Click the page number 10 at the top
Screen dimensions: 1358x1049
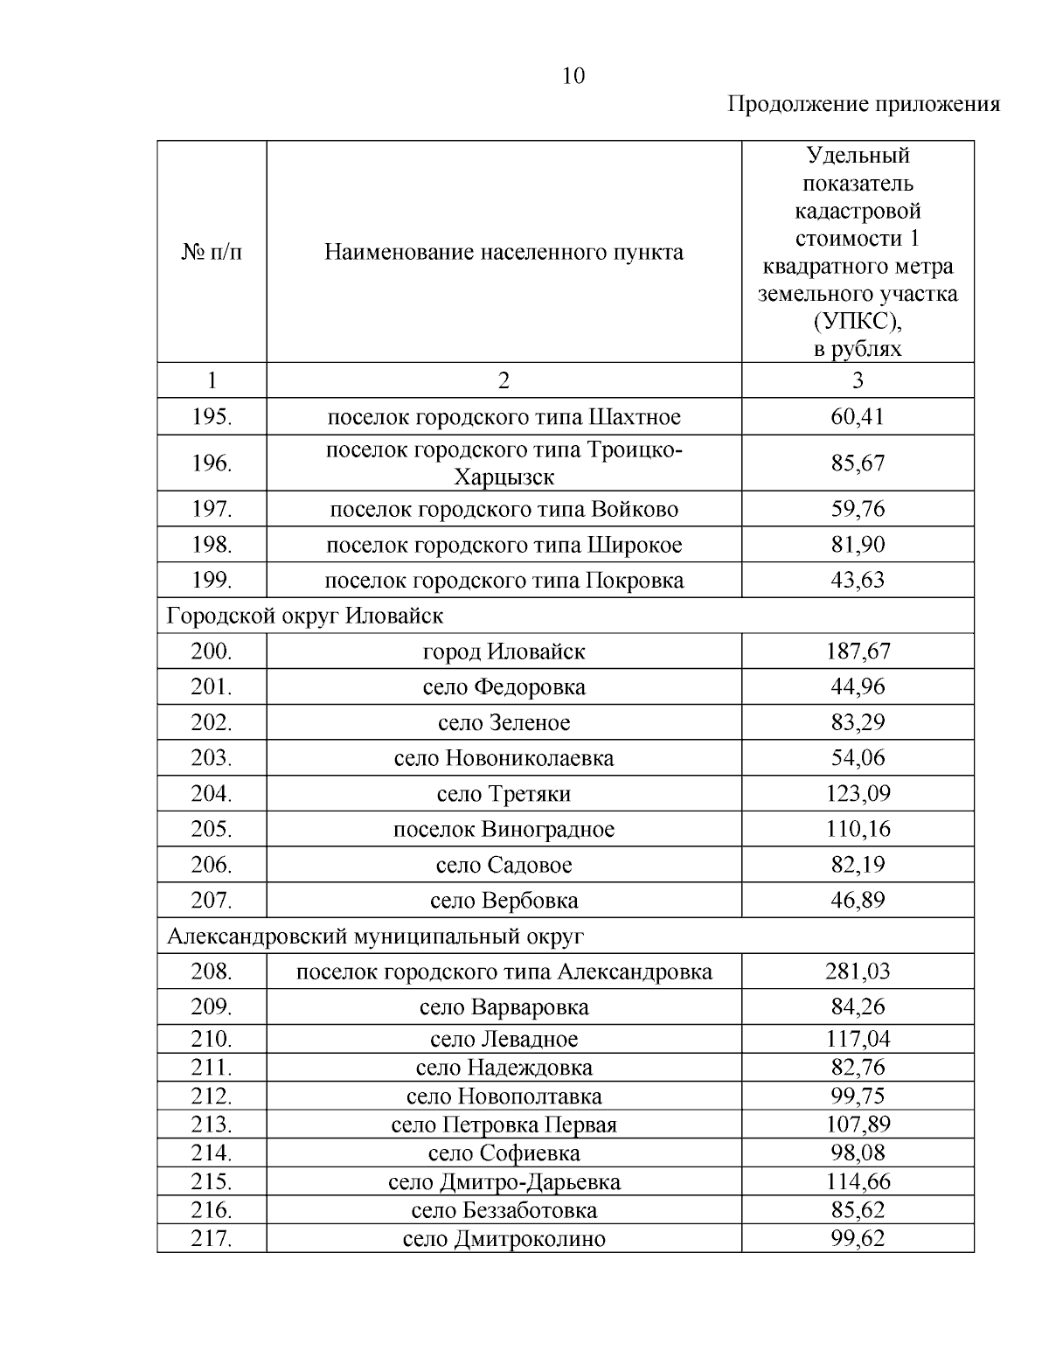point(573,76)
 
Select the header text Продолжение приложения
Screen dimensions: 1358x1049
point(864,105)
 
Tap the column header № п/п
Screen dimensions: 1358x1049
point(212,253)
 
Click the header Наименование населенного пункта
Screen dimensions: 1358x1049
point(504,253)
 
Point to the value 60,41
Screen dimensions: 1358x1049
point(857,416)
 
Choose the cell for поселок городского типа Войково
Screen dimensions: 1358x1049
point(504,509)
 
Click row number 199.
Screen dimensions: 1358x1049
point(212,580)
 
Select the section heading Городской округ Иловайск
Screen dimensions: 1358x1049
point(305,616)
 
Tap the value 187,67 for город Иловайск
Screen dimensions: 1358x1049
point(857,651)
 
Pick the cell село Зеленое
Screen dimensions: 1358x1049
point(504,723)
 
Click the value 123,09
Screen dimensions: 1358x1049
point(857,794)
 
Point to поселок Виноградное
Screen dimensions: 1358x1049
point(504,829)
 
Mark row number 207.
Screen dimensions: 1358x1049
point(212,900)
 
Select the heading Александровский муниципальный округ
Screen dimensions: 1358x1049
point(375,937)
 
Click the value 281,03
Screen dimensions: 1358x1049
point(857,971)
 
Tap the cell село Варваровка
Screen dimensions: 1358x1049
point(504,1007)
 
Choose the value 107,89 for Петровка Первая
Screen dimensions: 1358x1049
point(857,1125)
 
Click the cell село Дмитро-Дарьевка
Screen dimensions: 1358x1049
point(504,1182)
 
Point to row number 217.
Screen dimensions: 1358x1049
point(212,1239)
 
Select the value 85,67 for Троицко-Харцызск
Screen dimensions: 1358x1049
point(857,463)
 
